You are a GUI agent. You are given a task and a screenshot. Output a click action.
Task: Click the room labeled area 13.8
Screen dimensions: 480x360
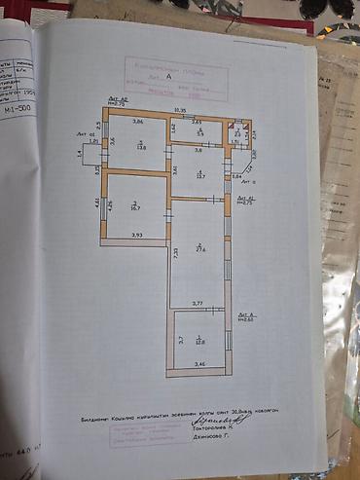140,147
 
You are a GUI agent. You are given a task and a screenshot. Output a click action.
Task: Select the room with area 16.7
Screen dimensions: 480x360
135,205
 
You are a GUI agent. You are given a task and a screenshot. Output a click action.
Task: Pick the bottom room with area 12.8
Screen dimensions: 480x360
199,341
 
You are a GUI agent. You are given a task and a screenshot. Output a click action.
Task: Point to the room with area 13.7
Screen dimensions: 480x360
199,174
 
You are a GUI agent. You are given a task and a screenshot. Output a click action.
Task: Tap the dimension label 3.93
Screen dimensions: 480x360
137,237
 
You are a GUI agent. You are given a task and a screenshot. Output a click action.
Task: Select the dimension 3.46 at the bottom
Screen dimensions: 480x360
199,363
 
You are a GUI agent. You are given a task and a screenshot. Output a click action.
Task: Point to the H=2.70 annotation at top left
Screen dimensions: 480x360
119,102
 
